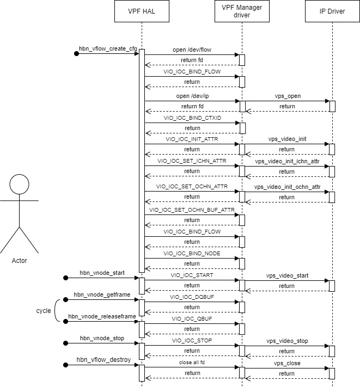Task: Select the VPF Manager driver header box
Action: [242, 11]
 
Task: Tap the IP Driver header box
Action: [332, 11]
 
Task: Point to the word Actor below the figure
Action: [19, 260]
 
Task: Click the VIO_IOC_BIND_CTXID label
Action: [192, 117]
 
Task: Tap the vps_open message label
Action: [287, 96]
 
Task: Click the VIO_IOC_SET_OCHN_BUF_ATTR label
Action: [192, 210]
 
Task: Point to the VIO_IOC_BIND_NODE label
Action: [192, 254]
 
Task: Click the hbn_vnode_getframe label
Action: [101, 294]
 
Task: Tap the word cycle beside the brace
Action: [44, 311]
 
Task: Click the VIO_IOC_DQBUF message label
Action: [192, 297]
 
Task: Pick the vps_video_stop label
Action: [287, 341]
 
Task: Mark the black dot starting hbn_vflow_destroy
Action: [66, 365]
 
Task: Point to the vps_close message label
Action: [287, 363]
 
